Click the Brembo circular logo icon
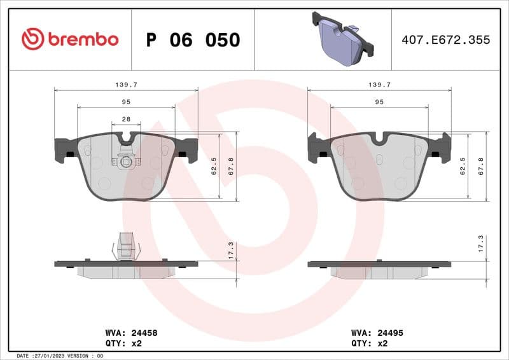pyautogui.click(x=32, y=39)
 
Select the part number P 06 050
pyautogui.click(x=193, y=40)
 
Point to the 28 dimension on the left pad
pyautogui.click(x=126, y=120)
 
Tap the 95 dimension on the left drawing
pyautogui.click(x=126, y=102)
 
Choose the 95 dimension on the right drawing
pyautogui.click(x=379, y=102)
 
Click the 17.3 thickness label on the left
pyautogui.click(x=231, y=250)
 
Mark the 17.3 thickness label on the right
pyautogui.click(x=481, y=244)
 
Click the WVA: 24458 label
pyautogui.click(x=131, y=333)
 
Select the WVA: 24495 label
pyautogui.click(x=377, y=333)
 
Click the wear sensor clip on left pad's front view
pyautogui.click(x=126, y=161)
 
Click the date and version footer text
pyautogui.click(x=60, y=356)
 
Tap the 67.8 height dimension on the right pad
pyautogui.click(x=482, y=166)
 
